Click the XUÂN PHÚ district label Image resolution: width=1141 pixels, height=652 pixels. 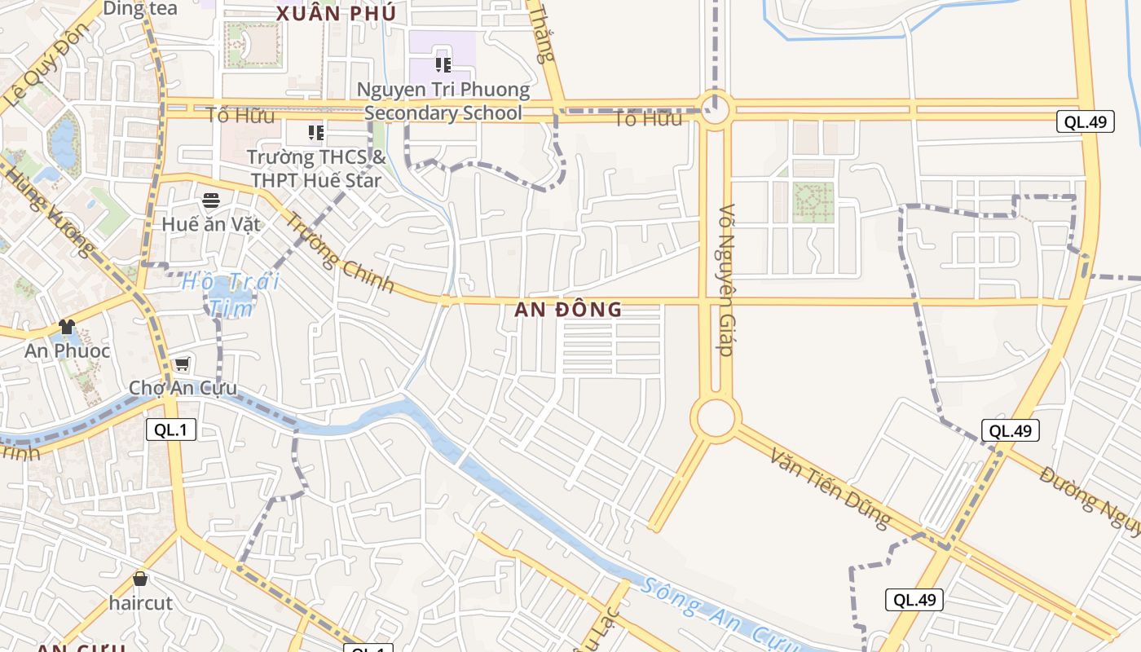[336, 14]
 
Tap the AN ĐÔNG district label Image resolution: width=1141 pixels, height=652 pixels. [568, 310]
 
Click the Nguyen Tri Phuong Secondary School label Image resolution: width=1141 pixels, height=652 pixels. [443, 101]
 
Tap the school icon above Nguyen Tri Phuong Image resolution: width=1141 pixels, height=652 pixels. [443, 65]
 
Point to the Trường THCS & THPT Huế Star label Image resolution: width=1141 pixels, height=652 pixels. [315, 168]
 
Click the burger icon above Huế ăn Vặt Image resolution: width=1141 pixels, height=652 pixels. [211, 200]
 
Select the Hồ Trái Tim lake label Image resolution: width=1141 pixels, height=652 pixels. [231, 294]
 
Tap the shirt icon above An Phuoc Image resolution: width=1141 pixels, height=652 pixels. [67, 327]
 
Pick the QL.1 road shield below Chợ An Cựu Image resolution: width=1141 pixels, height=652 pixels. [171, 430]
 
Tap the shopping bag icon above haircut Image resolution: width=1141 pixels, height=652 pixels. [140, 579]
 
